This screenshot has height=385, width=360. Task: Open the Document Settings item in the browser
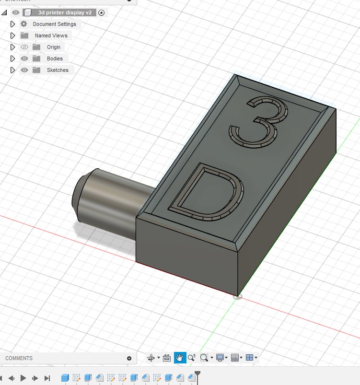coord(54,24)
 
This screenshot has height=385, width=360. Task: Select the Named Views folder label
coord(51,35)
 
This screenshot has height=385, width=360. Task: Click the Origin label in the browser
coord(54,47)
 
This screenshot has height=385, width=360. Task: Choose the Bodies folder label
coord(55,58)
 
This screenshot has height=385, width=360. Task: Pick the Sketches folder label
coord(58,70)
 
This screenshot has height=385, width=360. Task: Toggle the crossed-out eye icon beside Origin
coord(24,47)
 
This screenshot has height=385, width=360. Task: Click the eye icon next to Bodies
coord(24,58)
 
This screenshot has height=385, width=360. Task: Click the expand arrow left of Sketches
coord(13,70)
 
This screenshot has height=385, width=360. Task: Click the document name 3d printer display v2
coord(65,12)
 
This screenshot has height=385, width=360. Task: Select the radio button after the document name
coord(101,12)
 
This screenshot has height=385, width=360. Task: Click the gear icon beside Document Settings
coord(24,24)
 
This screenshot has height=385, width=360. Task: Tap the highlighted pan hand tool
coord(180,357)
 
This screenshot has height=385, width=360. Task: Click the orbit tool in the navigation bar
coord(151,357)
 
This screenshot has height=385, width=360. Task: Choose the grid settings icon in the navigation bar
coord(235,357)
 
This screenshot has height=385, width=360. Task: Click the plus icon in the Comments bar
coord(129,358)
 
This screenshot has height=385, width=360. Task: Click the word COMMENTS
coord(19,358)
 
